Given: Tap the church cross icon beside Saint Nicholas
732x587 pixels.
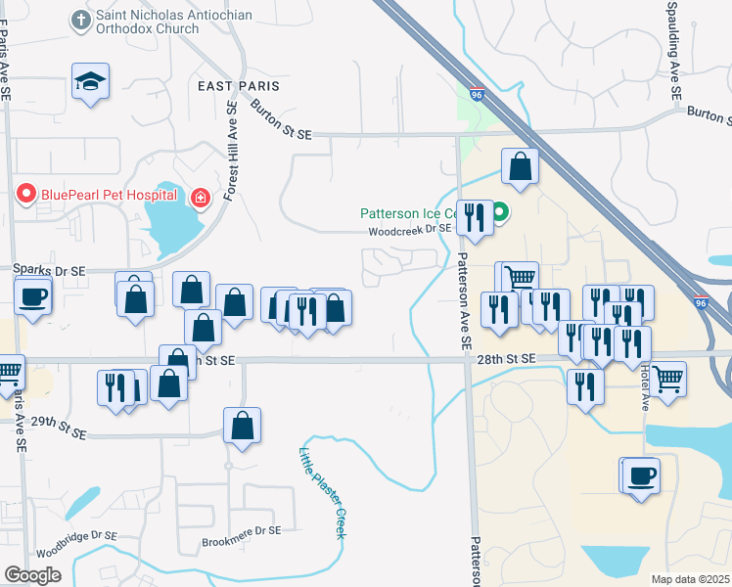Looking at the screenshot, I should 80,19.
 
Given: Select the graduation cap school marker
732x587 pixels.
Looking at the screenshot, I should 90,82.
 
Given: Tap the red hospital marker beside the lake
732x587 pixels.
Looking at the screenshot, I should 200,199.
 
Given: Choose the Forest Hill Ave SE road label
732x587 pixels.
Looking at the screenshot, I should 232,151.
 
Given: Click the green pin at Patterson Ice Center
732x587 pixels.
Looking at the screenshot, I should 499,211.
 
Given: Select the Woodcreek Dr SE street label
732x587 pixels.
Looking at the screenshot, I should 410,232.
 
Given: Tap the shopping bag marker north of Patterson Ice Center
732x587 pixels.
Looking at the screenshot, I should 521,167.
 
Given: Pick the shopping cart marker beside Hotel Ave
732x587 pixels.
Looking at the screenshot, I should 668,378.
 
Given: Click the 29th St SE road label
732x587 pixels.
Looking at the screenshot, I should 59,431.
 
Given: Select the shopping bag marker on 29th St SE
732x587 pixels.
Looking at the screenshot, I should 242,427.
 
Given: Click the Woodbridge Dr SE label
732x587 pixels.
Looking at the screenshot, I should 86,535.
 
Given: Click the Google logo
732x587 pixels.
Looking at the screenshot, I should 33,575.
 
